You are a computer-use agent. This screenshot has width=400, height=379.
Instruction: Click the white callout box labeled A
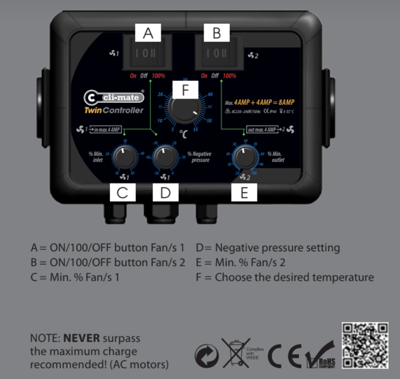[x=148, y=33]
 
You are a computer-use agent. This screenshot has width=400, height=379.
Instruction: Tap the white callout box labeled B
[x=217, y=33]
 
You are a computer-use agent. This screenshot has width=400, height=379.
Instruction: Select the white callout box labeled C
[x=123, y=192]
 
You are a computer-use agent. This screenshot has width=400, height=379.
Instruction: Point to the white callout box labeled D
[x=165, y=192]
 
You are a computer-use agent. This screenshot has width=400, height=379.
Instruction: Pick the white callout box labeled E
[x=244, y=192]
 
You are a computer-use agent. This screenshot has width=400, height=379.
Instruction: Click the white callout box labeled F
[x=185, y=90]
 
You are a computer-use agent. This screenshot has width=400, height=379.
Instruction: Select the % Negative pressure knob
[x=165, y=158]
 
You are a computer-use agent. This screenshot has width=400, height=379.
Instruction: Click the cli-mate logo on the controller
[x=113, y=98]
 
